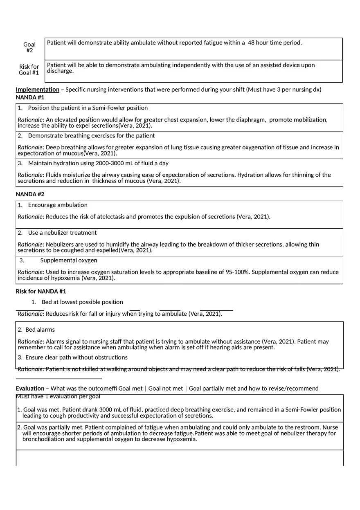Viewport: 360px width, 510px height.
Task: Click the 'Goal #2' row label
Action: point(29,47)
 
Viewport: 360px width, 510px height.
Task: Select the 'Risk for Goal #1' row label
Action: point(29,70)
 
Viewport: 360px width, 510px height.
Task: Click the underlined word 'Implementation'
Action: point(37,90)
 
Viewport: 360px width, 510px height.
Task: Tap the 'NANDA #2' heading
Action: point(30,194)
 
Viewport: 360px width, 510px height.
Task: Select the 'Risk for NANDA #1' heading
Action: point(41,292)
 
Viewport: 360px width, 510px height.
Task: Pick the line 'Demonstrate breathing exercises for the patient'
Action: point(91,136)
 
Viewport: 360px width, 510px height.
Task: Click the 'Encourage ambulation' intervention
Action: point(58,205)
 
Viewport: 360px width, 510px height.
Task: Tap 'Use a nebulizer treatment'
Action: point(62,233)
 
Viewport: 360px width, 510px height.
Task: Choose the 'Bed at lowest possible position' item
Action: point(82,302)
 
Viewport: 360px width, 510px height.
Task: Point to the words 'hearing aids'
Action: point(235,348)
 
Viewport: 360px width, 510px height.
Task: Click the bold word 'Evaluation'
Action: point(30,389)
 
